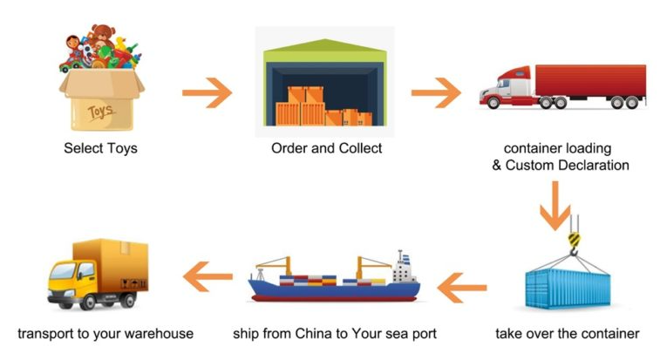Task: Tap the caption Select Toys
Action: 100,148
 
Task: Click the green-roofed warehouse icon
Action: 323,83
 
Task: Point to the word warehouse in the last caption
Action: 159,334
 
